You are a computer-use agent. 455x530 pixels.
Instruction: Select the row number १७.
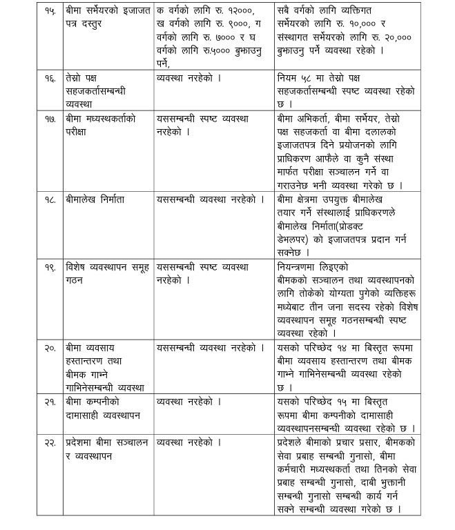48,119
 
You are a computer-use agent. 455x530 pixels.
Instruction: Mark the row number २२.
48,442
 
